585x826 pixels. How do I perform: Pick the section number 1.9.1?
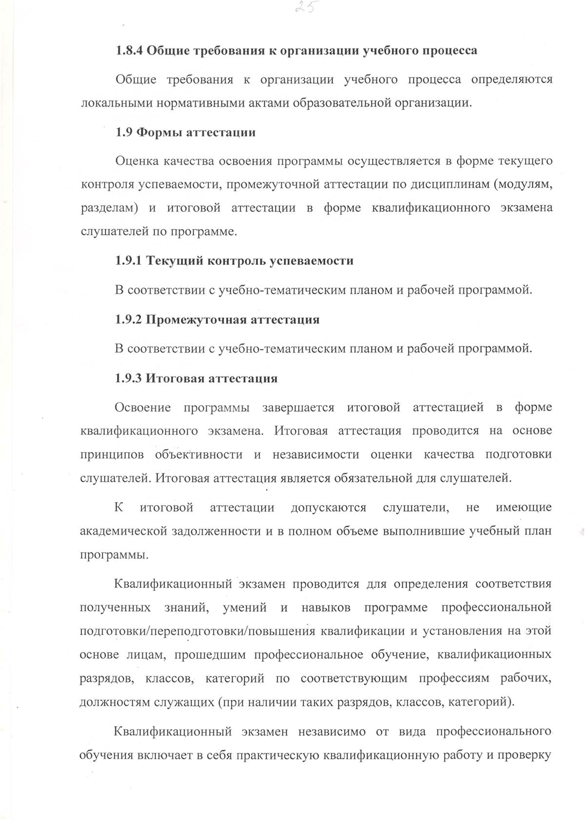click(x=129, y=261)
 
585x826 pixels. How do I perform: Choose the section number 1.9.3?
click(x=129, y=378)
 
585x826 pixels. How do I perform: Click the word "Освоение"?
click(x=143, y=407)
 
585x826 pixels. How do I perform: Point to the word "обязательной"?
click(x=372, y=478)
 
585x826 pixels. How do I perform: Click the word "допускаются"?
click(x=329, y=507)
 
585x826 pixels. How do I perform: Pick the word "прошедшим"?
click(x=208, y=654)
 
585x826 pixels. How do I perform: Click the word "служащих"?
click(x=184, y=702)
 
